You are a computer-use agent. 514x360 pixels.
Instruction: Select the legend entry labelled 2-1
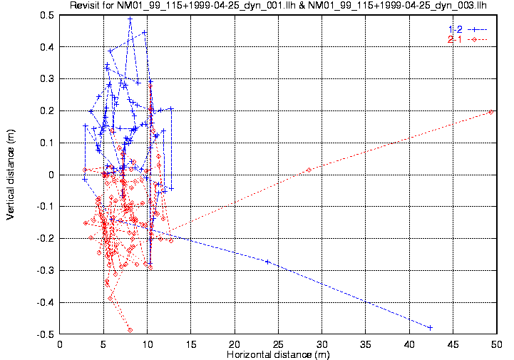click(453, 38)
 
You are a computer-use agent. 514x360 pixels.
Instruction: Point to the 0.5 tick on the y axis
click(48, 15)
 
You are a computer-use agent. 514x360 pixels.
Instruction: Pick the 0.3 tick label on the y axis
click(48, 79)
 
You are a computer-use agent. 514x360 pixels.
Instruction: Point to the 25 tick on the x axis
click(279, 344)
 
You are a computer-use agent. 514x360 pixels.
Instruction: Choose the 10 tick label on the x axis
click(148, 344)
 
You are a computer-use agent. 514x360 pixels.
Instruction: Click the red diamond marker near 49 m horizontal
click(491, 112)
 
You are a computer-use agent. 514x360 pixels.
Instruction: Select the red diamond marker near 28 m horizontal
click(309, 170)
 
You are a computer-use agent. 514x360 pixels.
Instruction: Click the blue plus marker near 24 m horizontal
click(267, 262)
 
